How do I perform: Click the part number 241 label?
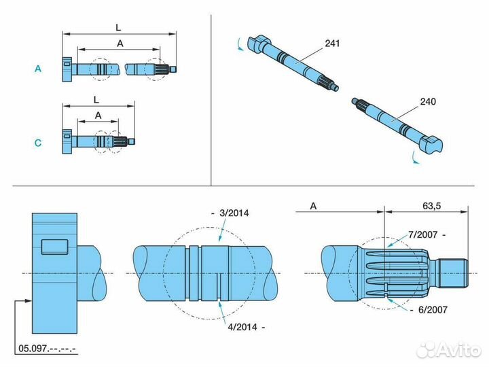(332, 43)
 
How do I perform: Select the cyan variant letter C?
(38, 143)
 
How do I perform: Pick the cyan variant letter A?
(38, 69)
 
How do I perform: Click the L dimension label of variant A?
(118, 27)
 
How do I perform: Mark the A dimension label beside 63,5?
(313, 205)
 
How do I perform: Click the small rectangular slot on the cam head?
(55, 246)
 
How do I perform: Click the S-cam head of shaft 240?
(432, 143)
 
